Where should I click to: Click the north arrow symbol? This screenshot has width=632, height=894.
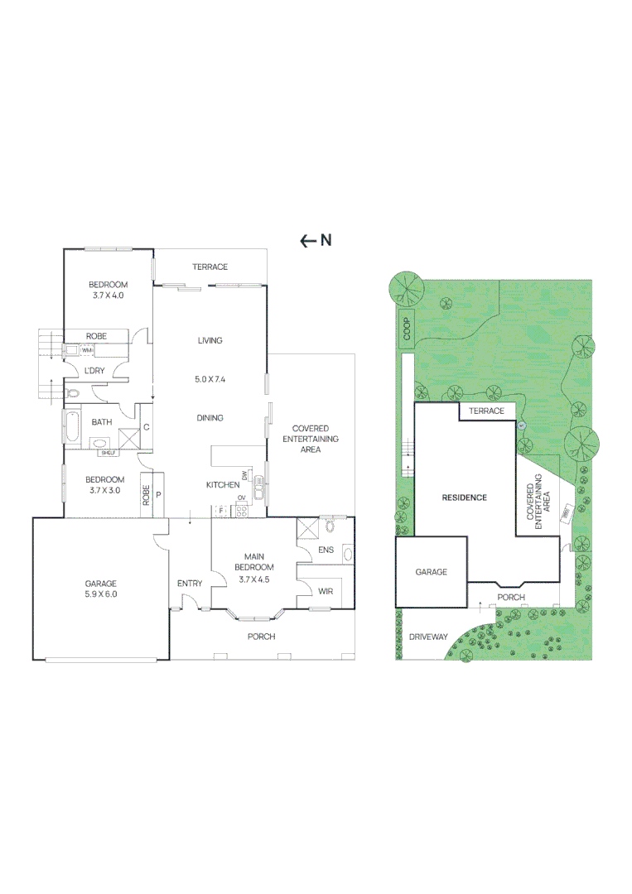(x=307, y=241)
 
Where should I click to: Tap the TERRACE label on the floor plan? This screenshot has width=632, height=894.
(x=210, y=267)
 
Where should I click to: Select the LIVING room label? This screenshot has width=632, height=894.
(x=210, y=340)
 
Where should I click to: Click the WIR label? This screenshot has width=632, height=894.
(x=326, y=590)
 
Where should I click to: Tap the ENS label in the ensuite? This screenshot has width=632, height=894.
(x=326, y=550)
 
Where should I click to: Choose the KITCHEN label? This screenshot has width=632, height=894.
(x=222, y=485)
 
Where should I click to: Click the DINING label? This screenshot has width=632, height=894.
(x=210, y=418)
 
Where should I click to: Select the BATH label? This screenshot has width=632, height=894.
(x=102, y=422)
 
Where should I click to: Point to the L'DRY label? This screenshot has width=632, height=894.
(x=94, y=371)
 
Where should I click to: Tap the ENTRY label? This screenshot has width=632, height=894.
(x=190, y=584)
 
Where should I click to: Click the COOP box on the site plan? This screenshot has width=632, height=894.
(x=407, y=328)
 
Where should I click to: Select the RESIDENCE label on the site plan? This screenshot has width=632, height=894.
(x=464, y=497)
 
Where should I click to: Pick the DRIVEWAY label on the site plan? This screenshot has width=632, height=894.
(x=428, y=637)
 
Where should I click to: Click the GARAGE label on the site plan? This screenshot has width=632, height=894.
(x=431, y=572)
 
